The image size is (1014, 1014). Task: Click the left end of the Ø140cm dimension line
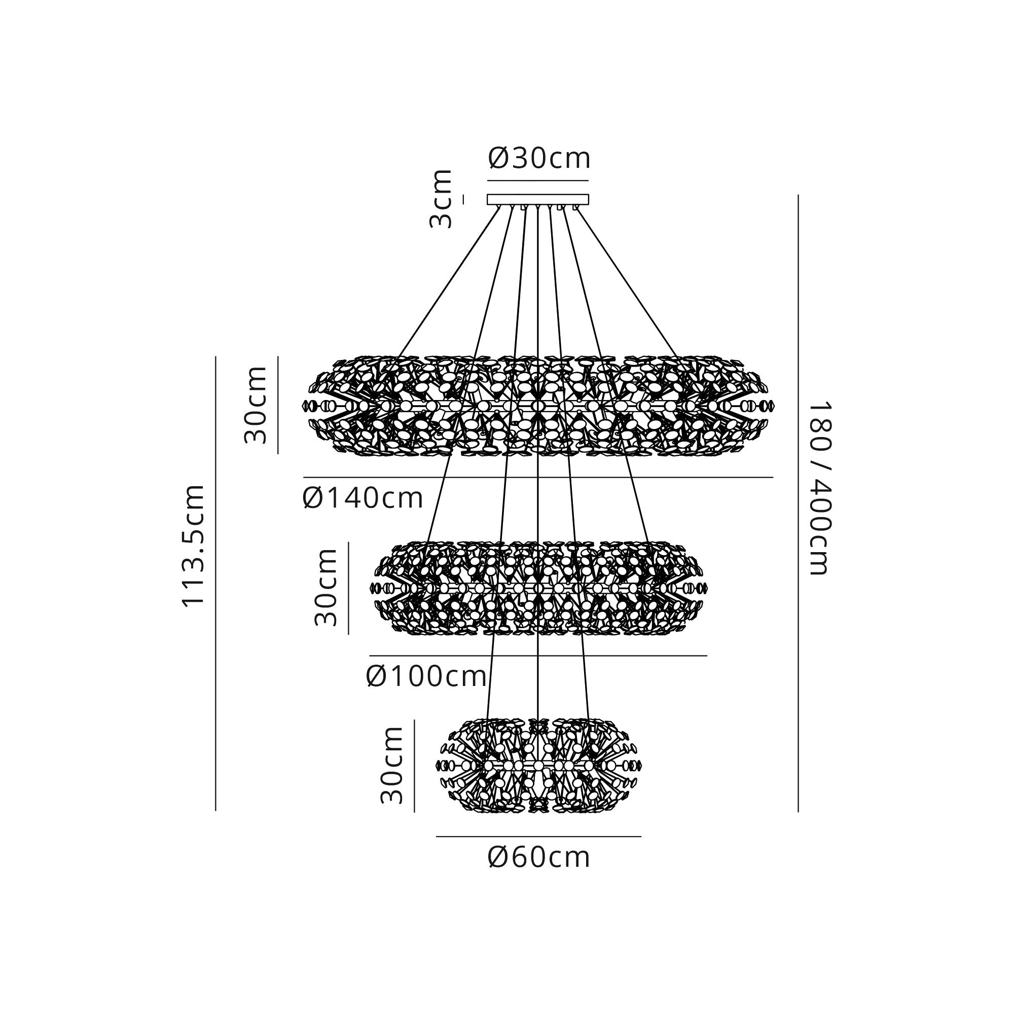[x=303, y=477]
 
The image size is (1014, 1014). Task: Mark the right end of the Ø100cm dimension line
[x=707, y=656]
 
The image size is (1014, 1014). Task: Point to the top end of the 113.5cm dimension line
[x=215, y=357]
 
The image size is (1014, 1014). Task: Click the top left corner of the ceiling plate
[x=488, y=195]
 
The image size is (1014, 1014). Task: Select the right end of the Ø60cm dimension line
[x=641, y=837]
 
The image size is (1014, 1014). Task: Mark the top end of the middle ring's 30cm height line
[x=348, y=542]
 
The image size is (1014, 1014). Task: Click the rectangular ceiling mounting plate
[x=538, y=199]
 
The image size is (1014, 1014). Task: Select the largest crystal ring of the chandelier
[x=538, y=405]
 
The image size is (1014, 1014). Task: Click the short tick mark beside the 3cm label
[x=463, y=199]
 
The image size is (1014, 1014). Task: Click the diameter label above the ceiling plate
[x=539, y=158]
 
